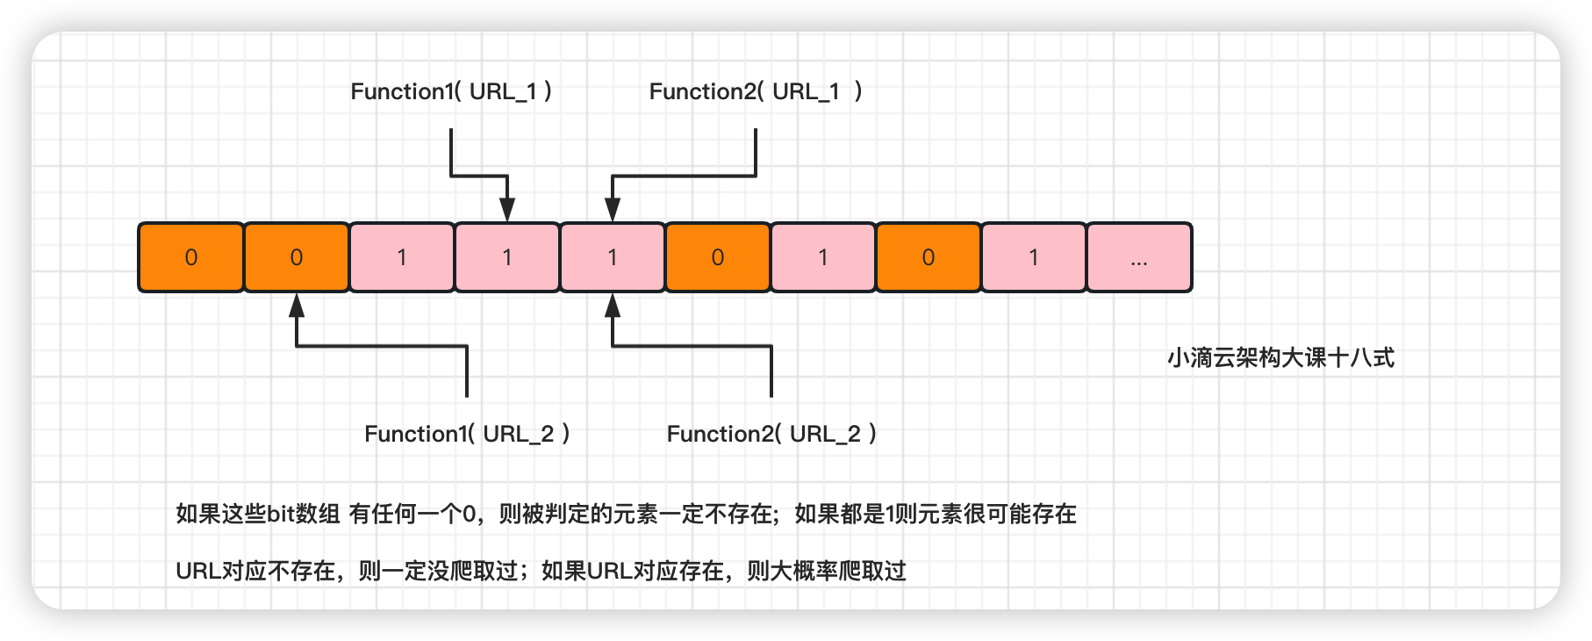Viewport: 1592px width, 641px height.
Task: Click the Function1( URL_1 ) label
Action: (x=451, y=91)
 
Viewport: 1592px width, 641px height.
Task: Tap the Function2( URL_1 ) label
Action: (x=755, y=91)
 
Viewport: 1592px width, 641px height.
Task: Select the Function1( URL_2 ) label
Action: (x=467, y=434)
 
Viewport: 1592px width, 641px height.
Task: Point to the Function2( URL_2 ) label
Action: (x=771, y=434)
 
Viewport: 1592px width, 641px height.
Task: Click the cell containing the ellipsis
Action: (x=1139, y=257)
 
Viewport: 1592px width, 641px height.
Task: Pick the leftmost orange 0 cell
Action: (x=191, y=257)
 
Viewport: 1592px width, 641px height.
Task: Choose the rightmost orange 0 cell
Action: (x=929, y=257)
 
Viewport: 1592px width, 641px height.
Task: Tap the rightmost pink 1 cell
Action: (x=1034, y=257)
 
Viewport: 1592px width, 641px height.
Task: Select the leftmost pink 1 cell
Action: (x=402, y=257)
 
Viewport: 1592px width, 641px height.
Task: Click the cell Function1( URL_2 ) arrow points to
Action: (x=297, y=257)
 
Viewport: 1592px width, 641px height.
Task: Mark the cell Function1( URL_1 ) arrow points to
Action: (x=507, y=257)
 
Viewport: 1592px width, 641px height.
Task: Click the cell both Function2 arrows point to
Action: (x=613, y=257)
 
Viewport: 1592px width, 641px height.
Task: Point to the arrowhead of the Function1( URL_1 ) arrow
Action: (x=507, y=211)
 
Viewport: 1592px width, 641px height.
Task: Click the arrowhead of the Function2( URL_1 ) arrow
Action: (x=613, y=211)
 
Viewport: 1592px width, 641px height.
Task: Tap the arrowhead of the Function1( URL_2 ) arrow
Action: (x=297, y=305)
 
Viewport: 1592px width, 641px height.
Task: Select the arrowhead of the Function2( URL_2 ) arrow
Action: (x=613, y=305)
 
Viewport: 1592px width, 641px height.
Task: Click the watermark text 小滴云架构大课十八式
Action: (x=1280, y=358)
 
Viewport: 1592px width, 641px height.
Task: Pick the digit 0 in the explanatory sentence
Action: (x=469, y=514)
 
